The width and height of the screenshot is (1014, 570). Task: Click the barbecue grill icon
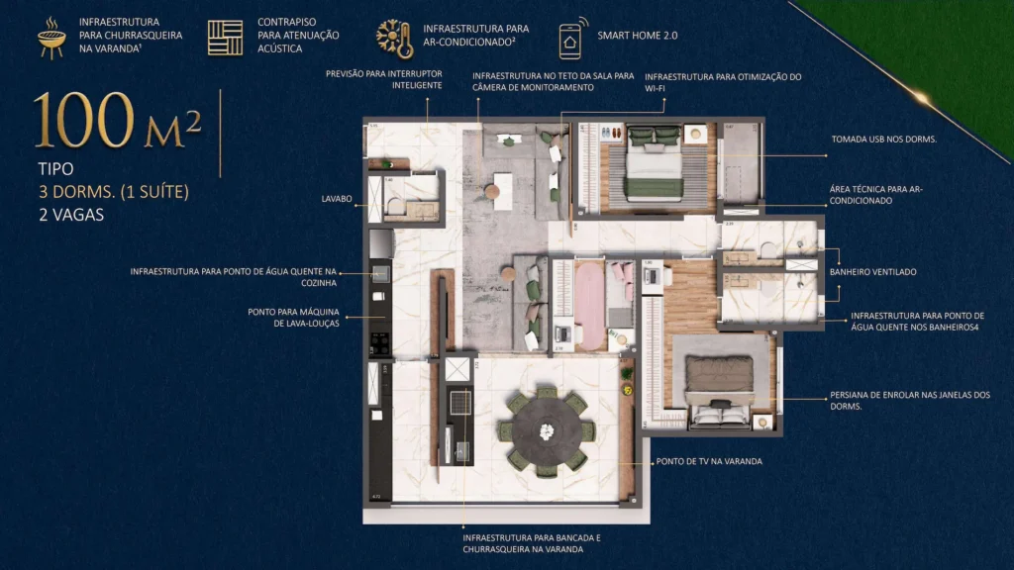(51, 38)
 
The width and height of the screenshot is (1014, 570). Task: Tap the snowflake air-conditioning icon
(394, 38)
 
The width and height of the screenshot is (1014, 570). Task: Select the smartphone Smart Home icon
(570, 38)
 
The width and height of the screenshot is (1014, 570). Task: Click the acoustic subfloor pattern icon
(225, 37)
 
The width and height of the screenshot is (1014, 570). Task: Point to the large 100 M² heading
(119, 122)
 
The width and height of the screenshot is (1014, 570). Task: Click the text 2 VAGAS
(70, 213)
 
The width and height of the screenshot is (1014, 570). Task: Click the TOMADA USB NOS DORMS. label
(883, 140)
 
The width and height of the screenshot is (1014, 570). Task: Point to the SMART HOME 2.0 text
(638, 35)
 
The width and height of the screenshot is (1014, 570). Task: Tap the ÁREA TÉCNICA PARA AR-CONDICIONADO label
(875, 194)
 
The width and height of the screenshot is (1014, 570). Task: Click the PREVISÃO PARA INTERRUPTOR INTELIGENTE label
(384, 79)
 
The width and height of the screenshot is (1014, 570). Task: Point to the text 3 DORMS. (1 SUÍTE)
(113, 191)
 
